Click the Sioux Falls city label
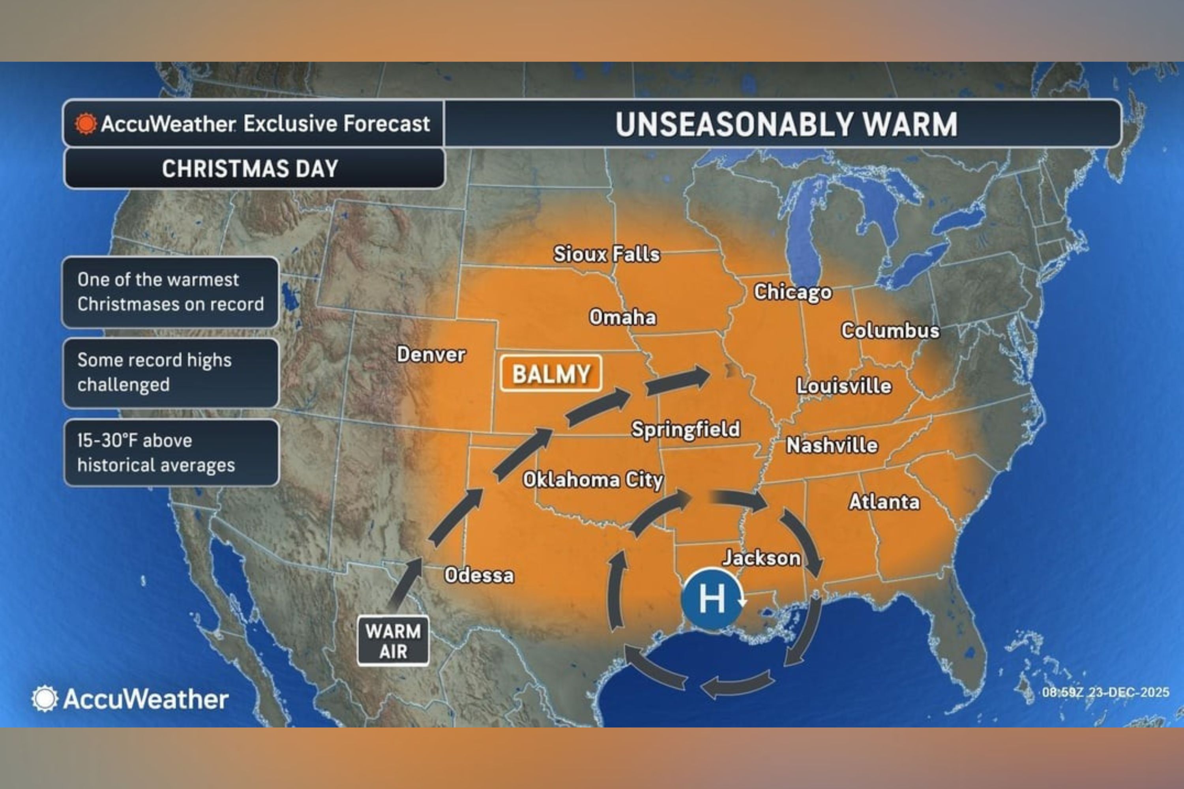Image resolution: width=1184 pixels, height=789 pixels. [x=606, y=254]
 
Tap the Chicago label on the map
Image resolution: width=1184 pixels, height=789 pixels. [x=792, y=292]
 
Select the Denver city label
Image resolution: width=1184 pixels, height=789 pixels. [x=431, y=355]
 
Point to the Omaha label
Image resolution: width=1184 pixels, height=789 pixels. [x=623, y=318]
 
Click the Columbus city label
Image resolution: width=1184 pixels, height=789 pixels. [x=890, y=331]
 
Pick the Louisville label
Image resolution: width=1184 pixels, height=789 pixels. [x=844, y=386]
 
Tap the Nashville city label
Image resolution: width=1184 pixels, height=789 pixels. [x=832, y=445]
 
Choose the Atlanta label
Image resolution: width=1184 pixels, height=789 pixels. [x=884, y=502]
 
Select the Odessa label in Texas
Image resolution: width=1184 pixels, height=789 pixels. [x=479, y=575]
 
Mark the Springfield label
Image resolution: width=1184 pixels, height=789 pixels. [x=686, y=429]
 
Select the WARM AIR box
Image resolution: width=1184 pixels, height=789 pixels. [x=393, y=641]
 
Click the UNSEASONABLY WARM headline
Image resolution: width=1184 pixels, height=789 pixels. [x=786, y=124]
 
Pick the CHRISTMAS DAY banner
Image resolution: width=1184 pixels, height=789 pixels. [x=250, y=168]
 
